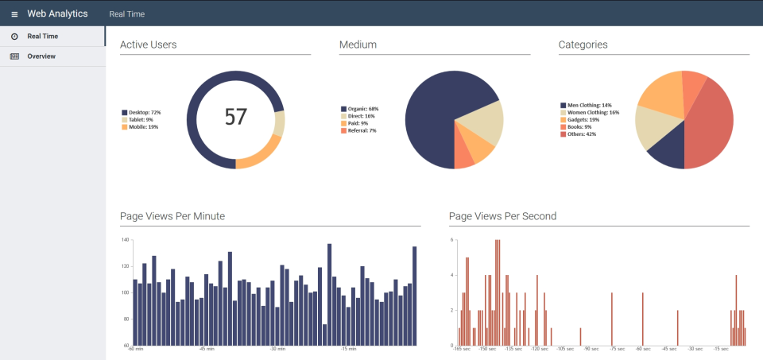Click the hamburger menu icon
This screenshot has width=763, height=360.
pyautogui.click(x=14, y=14)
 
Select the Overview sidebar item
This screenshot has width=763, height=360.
pyautogui.click(x=41, y=56)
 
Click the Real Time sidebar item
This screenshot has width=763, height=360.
pyautogui.click(x=42, y=37)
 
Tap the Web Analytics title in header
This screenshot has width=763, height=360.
pyautogui.click(x=57, y=14)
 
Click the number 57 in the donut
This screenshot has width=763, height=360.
pyautogui.click(x=235, y=117)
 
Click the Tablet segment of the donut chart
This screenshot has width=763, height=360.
pyautogui.click(x=279, y=123)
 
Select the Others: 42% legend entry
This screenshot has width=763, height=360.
pyautogui.click(x=580, y=134)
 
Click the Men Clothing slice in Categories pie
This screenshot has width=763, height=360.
pyautogui.click(x=668, y=151)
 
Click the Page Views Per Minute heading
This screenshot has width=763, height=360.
pyautogui.click(x=172, y=216)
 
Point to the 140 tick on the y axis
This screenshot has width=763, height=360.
pyautogui.click(x=125, y=239)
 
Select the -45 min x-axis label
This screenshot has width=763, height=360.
pyautogui.click(x=207, y=349)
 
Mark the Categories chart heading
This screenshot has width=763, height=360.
pyautogui.click(x=583, y=45)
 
